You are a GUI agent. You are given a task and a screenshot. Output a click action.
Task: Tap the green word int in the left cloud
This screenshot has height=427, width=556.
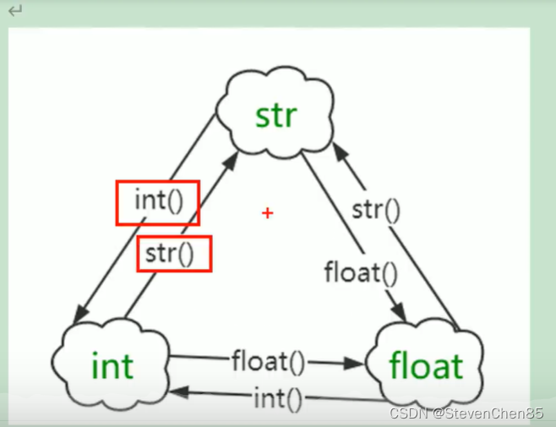point(112,366)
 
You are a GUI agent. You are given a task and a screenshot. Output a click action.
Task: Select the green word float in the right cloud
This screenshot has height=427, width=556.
point(426,366)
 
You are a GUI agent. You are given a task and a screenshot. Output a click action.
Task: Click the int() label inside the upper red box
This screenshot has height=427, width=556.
point(158,202)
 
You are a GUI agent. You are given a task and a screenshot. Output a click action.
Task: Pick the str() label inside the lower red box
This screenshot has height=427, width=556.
point(174,253)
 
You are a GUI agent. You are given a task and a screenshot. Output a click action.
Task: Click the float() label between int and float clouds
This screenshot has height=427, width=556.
point(268,361)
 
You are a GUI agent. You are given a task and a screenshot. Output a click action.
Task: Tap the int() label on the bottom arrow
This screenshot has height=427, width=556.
point(278,397)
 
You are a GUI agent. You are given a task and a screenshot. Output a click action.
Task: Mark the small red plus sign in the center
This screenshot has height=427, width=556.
point(268,213)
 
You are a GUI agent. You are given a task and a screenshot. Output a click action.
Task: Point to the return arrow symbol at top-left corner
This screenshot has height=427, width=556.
point(16,11)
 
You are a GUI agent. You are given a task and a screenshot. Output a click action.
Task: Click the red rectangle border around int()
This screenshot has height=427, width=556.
point(117,202)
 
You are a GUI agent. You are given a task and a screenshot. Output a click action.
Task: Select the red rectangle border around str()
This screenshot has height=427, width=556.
point(139,253)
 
